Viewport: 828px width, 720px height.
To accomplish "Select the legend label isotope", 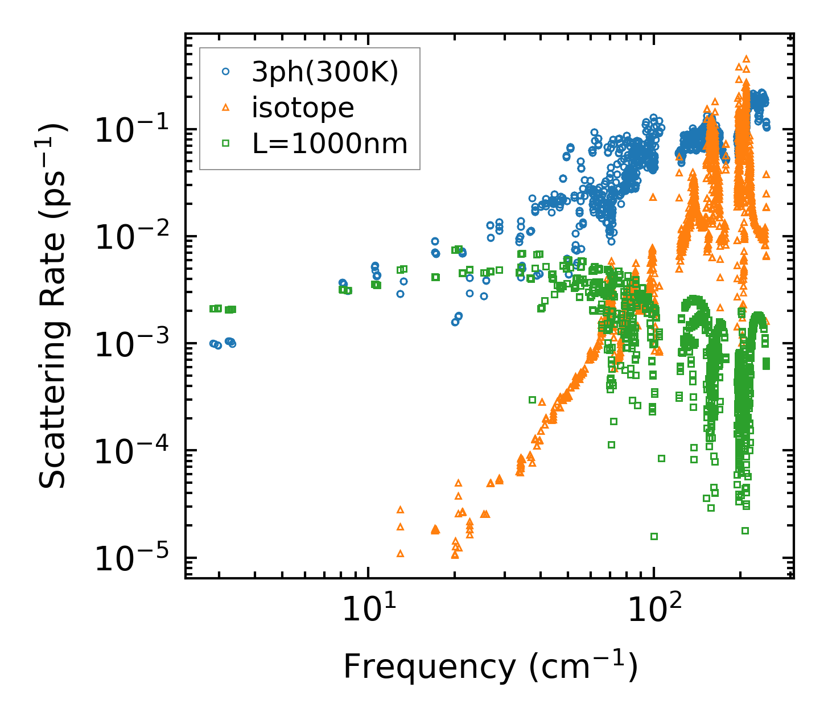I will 302,108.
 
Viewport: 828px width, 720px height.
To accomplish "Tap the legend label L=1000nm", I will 330,143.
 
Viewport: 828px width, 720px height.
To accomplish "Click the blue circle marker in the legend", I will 226,72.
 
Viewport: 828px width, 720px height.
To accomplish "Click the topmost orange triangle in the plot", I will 746,59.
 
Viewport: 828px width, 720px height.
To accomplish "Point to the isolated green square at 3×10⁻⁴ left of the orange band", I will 533,400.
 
